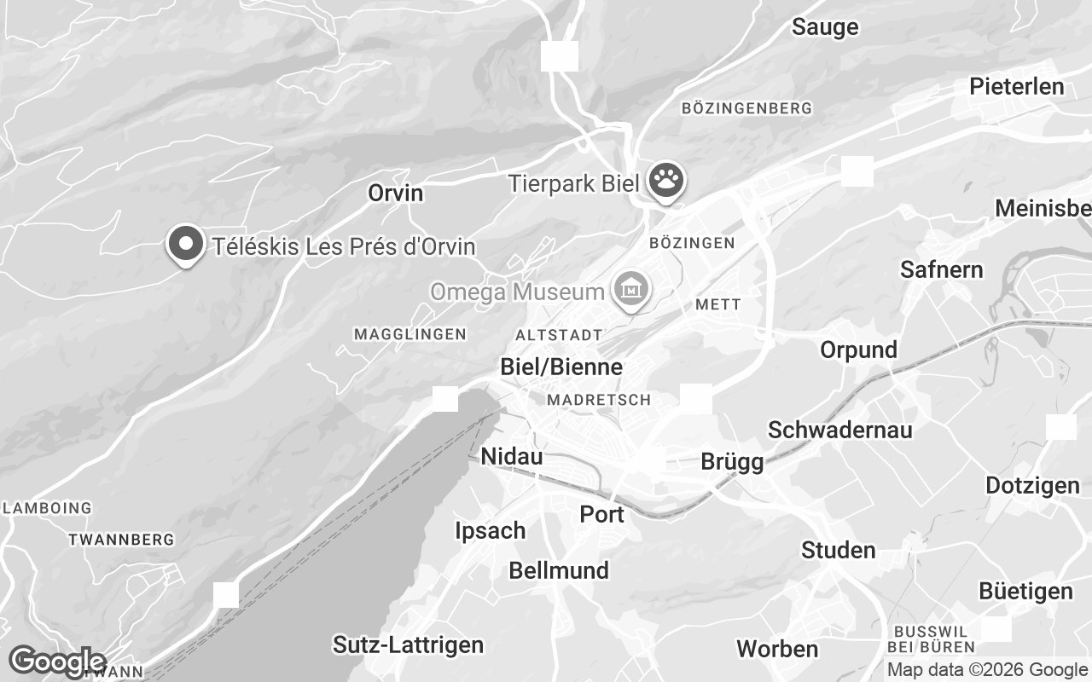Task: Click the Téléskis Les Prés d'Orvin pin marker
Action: click(x=185, y=245)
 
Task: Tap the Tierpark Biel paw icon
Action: click(x=666, y=181)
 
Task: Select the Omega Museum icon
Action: click(x=631, y=291)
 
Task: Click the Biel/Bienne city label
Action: click(x=561, y=367)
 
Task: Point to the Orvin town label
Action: click(x=395, y=193)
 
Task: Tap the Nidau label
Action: click(x=512, y=456)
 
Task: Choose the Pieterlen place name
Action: click(x=1017, y=86)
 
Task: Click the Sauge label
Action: click(x=825, y=27)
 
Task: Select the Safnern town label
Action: click(x=942, y=270)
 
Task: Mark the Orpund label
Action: click(x=858, y=350)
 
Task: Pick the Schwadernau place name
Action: click(x=839, y=430)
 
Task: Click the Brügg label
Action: click(x=732, y=461)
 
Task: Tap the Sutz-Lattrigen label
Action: click(x=408, y=644)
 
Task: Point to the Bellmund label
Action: click(x=559, y=570)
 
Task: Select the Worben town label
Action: click(x=777, y=649)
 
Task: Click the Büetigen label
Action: click(x=1025, y=591)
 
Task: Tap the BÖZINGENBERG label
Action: click(x=747, y=108)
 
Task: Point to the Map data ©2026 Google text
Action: click(x=987, y=670)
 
